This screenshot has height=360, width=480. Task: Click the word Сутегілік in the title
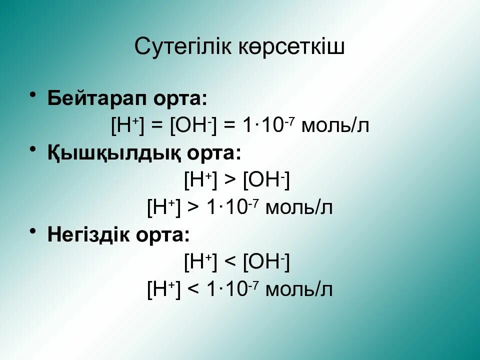(183, 47)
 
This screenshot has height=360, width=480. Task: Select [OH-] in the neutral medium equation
(193, 125)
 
